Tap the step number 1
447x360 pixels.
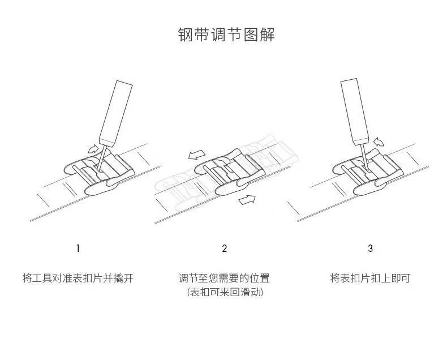coord(78,248)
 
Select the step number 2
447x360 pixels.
coord(225,248)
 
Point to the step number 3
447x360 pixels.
coord(371,248)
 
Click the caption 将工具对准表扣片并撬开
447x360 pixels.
coord(78,278)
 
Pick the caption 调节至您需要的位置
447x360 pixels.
coord(225,278)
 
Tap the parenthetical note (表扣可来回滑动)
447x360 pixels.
coord(225,292)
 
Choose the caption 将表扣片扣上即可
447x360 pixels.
coord(370,278)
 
